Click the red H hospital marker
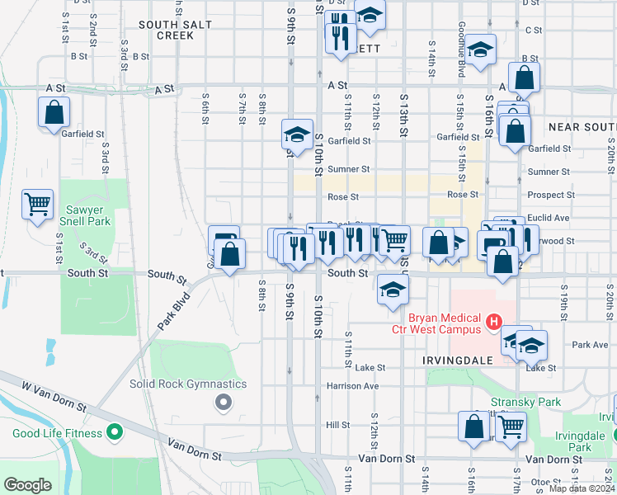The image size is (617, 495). point(494,321)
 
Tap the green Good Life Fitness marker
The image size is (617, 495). point(115,432)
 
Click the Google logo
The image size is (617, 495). point(27,485)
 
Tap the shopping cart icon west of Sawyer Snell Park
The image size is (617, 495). point(37,205)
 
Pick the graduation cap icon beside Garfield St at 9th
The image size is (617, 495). point(296,134)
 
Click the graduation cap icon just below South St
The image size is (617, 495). point(393,290)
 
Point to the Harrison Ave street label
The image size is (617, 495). point(352,385)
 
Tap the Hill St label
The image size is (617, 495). point(337,425)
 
